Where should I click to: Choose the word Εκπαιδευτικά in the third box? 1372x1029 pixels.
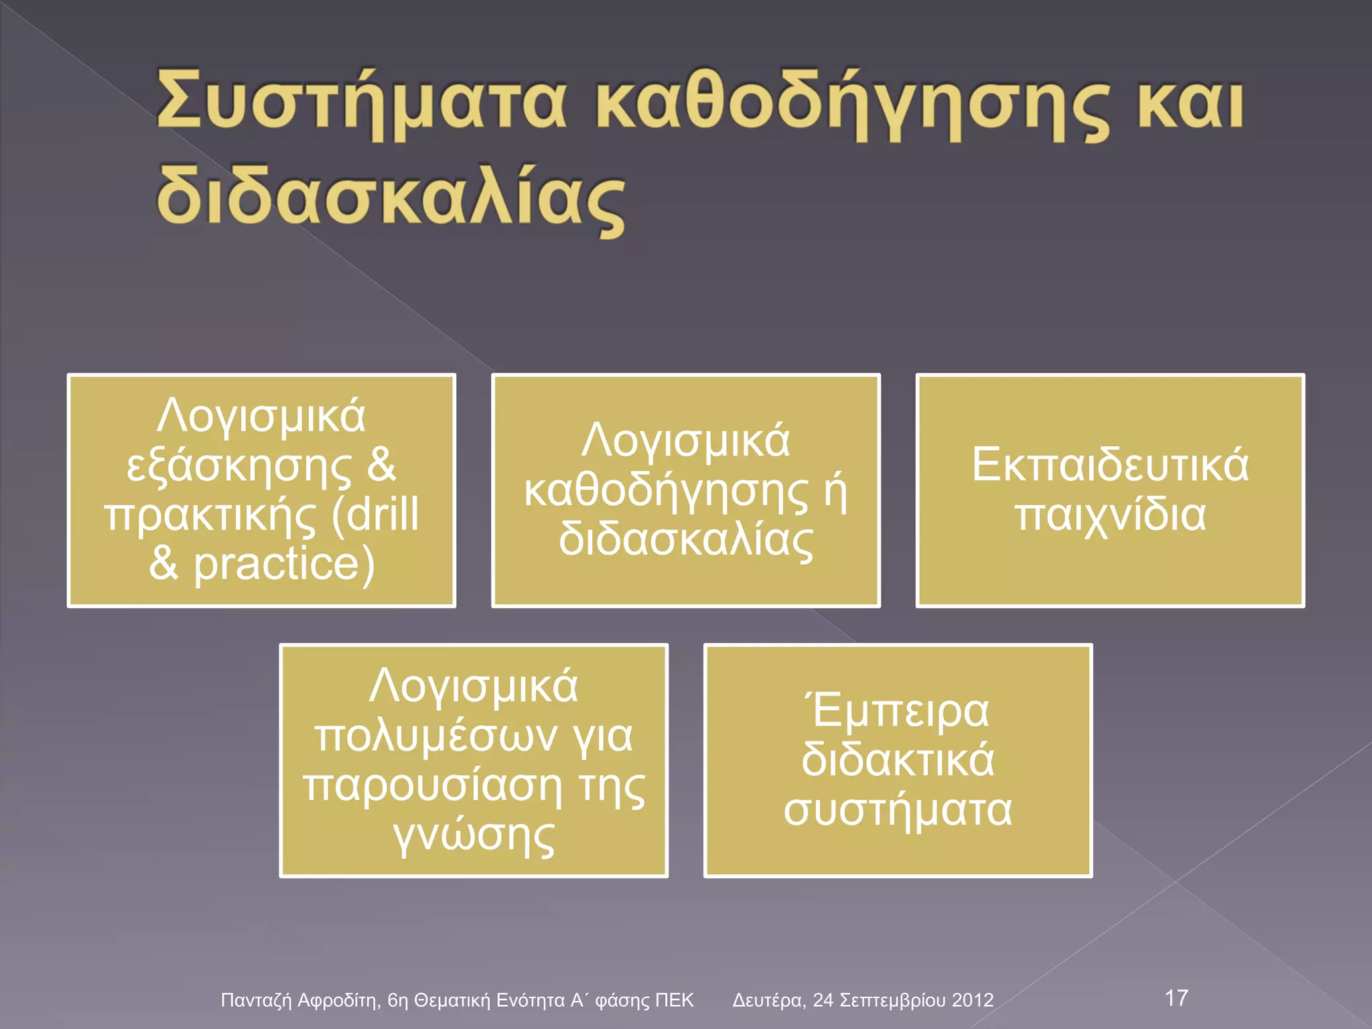point(1110,464)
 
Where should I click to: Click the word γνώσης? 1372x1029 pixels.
point(474,836)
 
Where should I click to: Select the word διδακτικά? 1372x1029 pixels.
point(898,760)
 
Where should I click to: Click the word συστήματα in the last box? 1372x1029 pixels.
point(898,810)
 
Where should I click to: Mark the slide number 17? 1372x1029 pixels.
point(1176,998)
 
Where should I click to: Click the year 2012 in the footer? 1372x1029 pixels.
point(972,1000)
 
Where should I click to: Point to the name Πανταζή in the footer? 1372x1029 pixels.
point(257,1001)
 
